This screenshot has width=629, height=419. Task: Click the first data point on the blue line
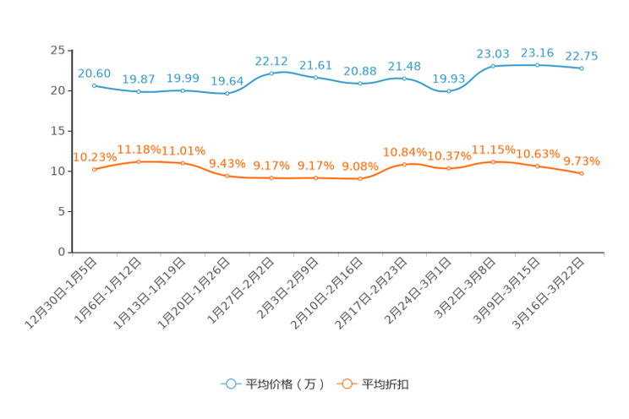(95, 85)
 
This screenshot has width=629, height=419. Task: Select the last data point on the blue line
(582, 68)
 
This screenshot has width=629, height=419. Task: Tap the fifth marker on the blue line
(271, 73)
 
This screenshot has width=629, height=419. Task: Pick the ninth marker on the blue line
(448, 90)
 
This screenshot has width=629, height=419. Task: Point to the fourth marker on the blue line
(227, 93)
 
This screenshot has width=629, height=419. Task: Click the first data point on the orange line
(95, 170)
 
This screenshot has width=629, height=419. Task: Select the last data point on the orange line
(582, 173)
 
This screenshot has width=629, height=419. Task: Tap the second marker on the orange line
(139, 161)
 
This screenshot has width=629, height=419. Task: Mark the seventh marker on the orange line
(360, 179)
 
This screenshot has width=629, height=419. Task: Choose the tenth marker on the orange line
(493, 161)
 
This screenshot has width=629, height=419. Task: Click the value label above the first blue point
(94, 73)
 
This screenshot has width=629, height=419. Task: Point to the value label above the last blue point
(582, 56)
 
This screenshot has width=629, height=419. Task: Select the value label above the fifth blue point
(271, 61)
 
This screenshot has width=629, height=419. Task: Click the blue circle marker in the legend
(230, 384)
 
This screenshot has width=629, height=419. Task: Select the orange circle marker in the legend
(347, 384)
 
